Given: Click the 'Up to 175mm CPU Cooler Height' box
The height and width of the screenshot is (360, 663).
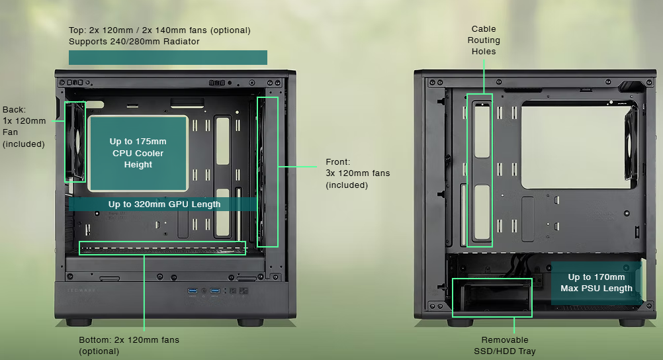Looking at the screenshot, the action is pos(138,153).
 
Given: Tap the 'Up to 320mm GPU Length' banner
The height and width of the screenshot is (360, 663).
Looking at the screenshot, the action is pos(164,204).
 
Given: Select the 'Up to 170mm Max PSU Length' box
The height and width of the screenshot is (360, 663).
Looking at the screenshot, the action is pos(596,283).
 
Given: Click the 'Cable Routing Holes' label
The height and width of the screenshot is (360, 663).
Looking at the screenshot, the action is pos(484,40).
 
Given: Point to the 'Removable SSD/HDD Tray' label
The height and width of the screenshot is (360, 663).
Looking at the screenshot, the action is pos(505,345).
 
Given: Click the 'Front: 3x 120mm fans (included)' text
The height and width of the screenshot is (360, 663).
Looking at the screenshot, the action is pos(358,173).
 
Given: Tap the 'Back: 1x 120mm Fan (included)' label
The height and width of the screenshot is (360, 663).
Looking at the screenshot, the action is pos(24,127).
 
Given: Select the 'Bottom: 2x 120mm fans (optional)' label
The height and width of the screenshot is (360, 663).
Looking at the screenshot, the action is pos(129,345).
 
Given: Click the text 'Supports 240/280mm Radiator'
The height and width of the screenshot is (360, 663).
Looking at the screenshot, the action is pos(134,42).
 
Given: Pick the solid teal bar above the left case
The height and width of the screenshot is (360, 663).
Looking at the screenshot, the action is pos(168,58).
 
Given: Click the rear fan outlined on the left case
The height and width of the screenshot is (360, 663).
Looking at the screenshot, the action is pos(75,142).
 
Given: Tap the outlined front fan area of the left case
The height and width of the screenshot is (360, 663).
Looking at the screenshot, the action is pos(267,172).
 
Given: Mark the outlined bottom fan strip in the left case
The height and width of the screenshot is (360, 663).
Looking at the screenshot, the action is pos(162,248).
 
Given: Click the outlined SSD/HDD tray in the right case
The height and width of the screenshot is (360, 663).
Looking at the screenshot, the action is pos(492,297).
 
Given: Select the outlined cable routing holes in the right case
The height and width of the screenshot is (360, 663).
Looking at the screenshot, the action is pos(480,170).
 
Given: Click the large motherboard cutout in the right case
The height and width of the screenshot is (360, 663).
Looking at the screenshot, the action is pos(575,145).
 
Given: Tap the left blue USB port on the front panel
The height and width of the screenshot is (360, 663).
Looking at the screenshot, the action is pos(193,291).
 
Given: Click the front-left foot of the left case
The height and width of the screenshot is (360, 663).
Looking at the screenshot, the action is pos(79,322).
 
